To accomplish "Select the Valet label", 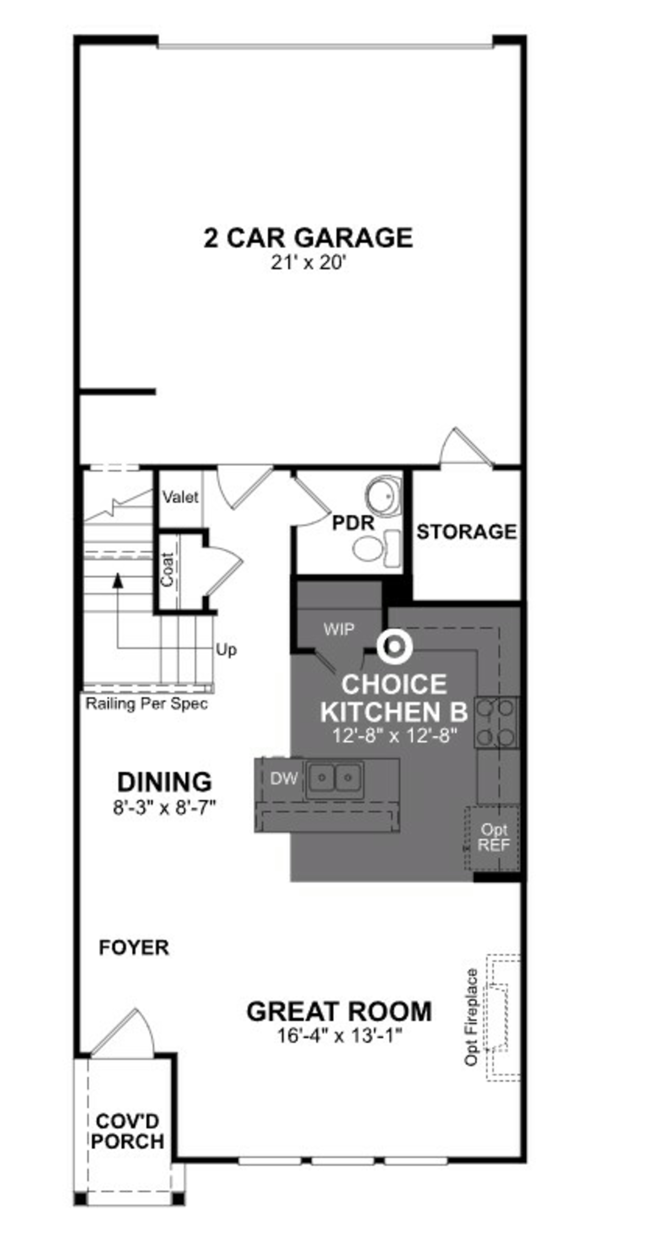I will pos(180,497).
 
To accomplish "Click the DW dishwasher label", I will pos(284,778).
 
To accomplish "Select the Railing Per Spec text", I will pos(147,704).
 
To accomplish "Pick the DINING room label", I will pos(165,782).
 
